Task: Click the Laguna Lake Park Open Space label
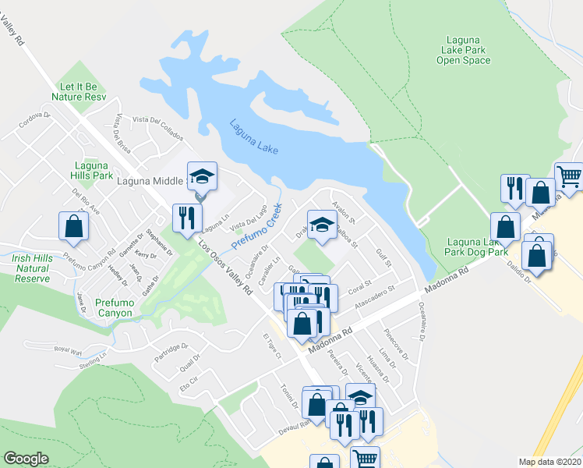click(468, 49)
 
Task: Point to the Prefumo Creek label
click(256, 231)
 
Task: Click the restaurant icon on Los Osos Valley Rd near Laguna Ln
click(186, 216)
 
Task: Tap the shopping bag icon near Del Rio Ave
click(73, 226)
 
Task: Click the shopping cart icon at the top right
click(569, 176)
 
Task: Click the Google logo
click(26, 459)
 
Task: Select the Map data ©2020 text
click(549, 462)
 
